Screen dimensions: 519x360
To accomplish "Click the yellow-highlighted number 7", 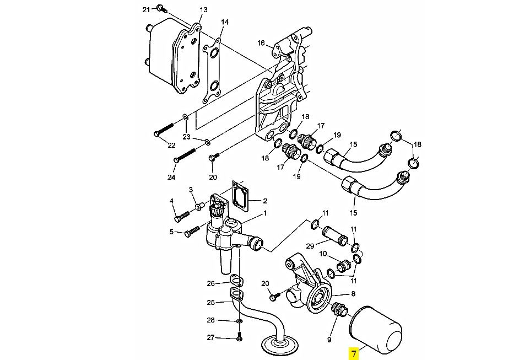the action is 354,354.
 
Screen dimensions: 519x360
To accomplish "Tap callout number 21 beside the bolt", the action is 147,9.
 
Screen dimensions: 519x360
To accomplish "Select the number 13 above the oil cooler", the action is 203,9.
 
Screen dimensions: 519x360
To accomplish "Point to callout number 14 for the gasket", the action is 225,22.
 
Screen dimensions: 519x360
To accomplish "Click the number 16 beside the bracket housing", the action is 261,43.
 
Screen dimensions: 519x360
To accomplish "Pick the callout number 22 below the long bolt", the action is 171,145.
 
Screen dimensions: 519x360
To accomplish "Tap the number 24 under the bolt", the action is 171,177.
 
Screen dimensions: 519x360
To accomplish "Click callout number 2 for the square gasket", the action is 265,201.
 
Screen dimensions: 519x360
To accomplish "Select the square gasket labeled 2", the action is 241,196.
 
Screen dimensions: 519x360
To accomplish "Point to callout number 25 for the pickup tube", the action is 211,302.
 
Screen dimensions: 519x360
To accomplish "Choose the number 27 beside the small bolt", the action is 211,338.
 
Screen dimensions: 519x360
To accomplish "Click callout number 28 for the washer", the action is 211,320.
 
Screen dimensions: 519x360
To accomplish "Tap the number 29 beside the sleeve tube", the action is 310,246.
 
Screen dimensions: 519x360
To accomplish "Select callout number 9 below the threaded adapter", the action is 329,340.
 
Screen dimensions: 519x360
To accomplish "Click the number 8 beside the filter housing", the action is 354,293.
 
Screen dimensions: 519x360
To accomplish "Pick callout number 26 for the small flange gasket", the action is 211,283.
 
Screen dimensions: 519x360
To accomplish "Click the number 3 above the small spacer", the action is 191,190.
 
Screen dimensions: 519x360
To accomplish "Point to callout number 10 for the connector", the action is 323,254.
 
